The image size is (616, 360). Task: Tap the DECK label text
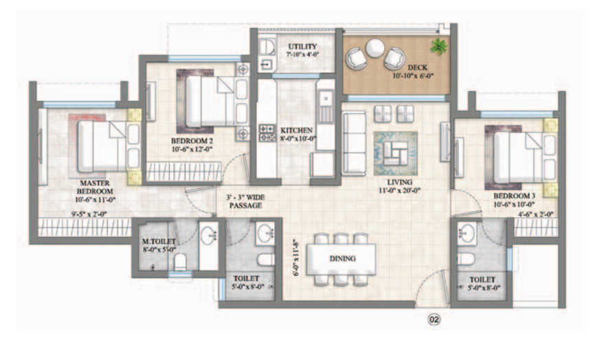point(417,67)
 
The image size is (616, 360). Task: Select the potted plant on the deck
point(437,47)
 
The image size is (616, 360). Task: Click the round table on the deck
point(375,47)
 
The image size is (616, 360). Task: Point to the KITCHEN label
point(296,130)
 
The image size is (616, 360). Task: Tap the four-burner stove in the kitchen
point(267,133)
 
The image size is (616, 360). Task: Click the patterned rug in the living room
point(395,151)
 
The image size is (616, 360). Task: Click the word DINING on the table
point(342,259)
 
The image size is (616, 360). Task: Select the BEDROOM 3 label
point(514,195)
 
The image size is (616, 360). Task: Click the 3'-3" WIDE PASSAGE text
point(246,201)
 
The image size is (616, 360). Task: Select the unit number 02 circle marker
point(434,319)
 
